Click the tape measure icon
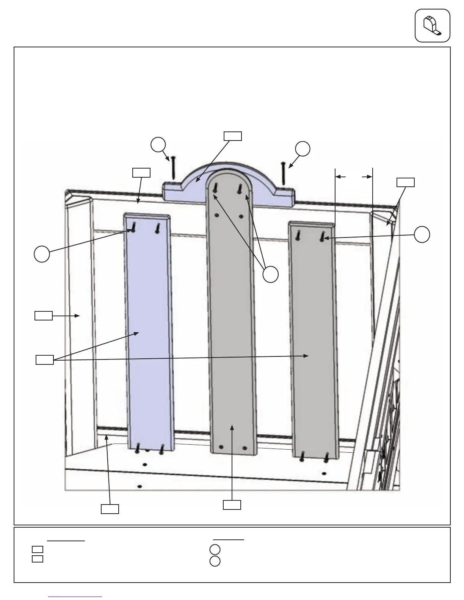pos(432,25)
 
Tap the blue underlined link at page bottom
pos(75,597)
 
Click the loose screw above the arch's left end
pos(173,167)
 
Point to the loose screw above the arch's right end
pos(283,173)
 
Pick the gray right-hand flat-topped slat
pos(313,341)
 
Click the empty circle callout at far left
pos(42,254)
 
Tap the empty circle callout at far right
pos(422,234)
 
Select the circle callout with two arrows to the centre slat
pos(271,274)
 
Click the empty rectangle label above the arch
pos(232,136)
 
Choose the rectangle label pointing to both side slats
pos(44,359)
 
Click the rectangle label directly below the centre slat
pos(232,505)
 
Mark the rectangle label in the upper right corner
pos(405,182)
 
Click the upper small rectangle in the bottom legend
pos(37,549)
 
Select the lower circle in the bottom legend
pos(215,561)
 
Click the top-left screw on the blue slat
pos(133,227)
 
